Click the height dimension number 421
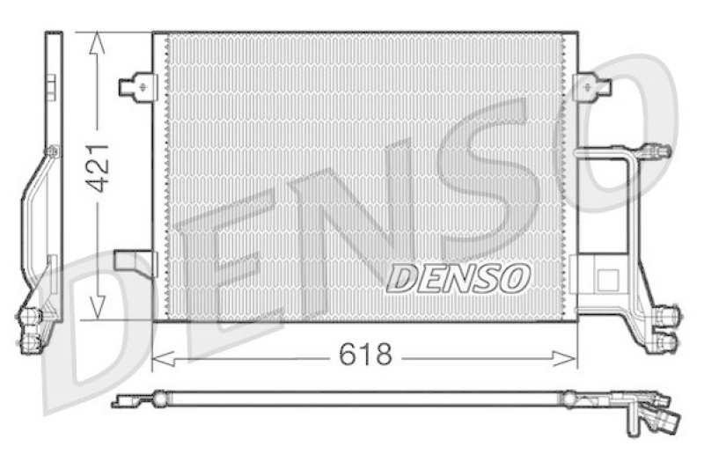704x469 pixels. click(98, 167)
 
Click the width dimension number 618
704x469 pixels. click(365, 355)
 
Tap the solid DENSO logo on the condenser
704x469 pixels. click(458, 278)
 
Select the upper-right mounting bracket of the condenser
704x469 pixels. click(591, 86)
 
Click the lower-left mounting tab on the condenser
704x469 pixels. click(136, 262)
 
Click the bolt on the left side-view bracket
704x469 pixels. click(52, 151)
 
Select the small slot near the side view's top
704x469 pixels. click(51, 86)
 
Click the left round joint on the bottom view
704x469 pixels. click(159, 399)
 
